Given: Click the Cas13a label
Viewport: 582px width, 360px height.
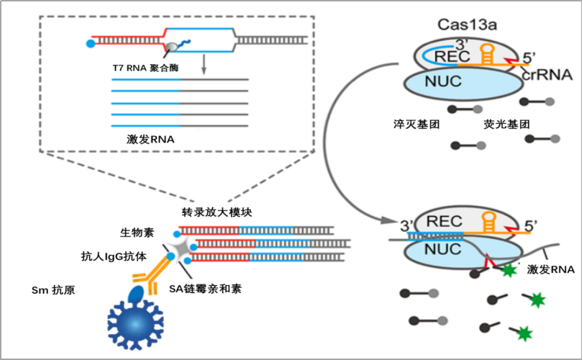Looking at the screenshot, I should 468,24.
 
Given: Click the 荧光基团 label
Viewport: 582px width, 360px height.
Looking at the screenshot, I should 507,124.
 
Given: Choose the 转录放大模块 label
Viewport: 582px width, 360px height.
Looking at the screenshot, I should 217,212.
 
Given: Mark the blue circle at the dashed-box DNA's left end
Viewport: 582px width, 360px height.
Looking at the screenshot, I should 90,44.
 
